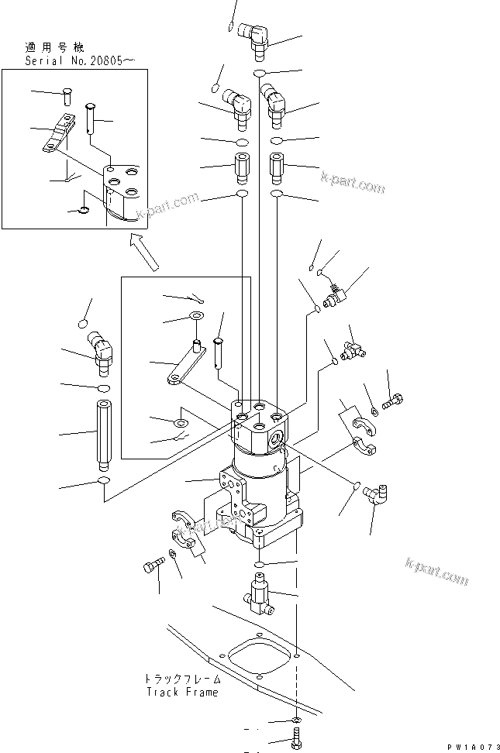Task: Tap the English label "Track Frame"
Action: (181, 692)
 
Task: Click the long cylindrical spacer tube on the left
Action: (103, 435)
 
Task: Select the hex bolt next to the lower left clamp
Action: (154, 567)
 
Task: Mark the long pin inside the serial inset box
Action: (91, 117)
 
